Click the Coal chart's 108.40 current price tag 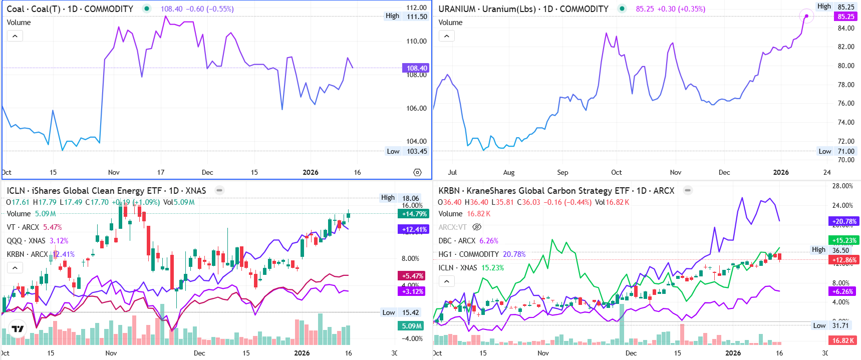(416, 68)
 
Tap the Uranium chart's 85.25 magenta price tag (845, 17)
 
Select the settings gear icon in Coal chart (417, 172)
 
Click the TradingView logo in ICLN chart (18, 329)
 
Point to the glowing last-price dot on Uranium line (806, 16)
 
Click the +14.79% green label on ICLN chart (414, 214)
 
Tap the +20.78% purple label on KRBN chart (844, 221)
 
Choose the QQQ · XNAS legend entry (27, 241)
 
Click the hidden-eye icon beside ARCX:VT (477, 227)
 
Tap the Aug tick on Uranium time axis (509, 172)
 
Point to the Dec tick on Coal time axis (207, 172)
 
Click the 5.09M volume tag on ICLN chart (412, 326)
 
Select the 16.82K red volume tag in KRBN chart (843, 340)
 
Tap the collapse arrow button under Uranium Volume (447, 36)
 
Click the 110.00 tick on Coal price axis (416, 41)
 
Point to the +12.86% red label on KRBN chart (844, 260)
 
